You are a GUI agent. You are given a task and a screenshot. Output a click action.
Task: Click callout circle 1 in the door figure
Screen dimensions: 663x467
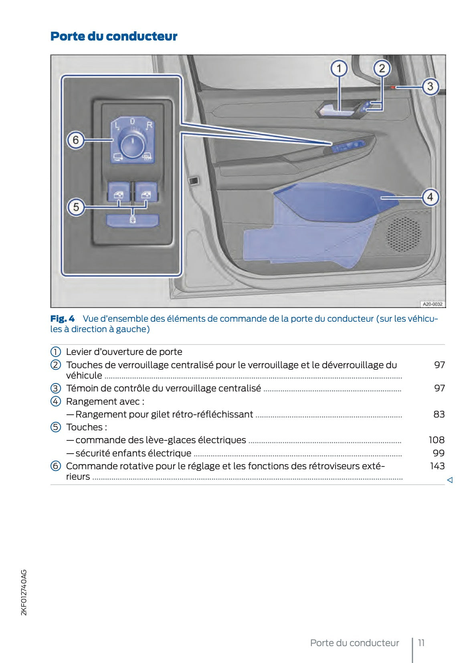pos(339,69)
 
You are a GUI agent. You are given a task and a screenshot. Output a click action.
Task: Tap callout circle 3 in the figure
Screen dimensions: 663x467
pos(430,86)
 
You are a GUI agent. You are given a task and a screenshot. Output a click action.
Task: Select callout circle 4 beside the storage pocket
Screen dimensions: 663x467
pos(430,197)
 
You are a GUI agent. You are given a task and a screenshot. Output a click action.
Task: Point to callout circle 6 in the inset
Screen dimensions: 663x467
pos(75,140)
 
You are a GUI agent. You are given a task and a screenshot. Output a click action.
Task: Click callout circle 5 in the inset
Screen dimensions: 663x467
pos(76,207)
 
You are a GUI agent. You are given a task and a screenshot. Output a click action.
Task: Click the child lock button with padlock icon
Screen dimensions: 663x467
pos(133,220)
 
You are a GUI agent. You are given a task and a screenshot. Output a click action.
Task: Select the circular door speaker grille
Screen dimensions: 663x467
pos(404,234)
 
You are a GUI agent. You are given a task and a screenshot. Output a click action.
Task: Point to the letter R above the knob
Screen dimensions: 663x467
pos(149,126)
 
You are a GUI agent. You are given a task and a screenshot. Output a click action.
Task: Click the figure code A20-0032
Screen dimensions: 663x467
pos(433,304)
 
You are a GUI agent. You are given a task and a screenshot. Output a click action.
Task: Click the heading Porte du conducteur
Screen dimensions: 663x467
pos(114,36)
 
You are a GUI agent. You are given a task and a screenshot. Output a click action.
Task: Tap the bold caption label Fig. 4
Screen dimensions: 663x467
pos(63,319)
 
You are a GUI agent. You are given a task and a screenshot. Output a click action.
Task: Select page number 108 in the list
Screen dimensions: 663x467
pos(436,440)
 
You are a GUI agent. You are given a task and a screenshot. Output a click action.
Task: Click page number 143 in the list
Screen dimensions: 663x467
pos(437,466)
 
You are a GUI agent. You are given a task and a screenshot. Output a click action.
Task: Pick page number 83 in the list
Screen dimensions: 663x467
pos(439,414)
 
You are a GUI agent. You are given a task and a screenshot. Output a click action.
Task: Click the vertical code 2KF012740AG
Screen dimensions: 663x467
pos(24,592)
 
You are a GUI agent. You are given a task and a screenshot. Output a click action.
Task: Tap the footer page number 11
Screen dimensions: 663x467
pos(421,643)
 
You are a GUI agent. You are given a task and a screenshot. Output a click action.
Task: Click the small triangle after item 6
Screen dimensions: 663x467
pos(450,480)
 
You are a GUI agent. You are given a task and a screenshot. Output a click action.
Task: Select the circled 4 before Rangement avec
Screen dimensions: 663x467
pos(55,401)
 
